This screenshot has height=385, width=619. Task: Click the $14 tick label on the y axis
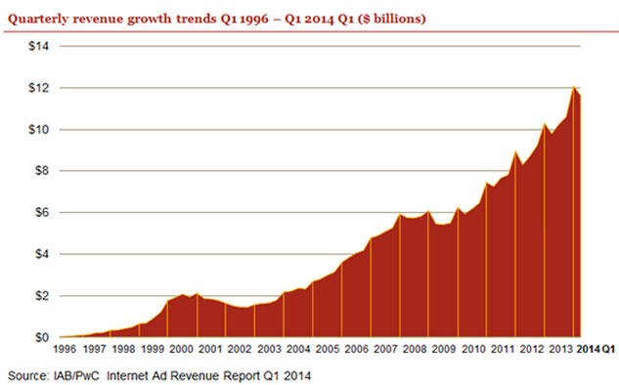39,46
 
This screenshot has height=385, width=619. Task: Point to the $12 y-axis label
39,88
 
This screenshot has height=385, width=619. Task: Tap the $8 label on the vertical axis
42,171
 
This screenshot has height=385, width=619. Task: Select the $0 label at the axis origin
42,338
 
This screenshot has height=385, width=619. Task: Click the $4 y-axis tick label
42,254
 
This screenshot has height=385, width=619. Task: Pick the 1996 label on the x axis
65,349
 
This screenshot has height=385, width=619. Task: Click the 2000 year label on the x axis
182,349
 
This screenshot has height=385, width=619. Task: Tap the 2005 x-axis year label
328,349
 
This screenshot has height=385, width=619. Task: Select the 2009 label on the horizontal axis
444,349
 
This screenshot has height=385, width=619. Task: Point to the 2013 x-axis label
561,349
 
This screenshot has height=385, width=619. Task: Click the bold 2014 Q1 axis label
597,349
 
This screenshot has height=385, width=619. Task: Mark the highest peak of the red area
573,86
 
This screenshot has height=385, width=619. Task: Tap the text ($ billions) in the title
391,19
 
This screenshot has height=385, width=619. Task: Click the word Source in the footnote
26,375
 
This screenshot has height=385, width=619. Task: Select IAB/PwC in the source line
76,375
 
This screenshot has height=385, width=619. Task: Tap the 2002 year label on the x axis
240,349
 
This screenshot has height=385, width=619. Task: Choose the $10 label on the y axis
39,129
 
